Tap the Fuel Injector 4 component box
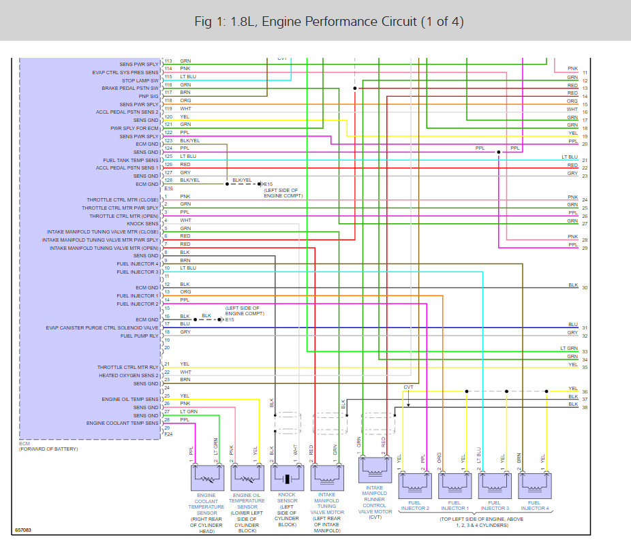click(x=534, y=481)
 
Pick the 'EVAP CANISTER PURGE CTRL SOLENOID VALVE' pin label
click(x=102, y=327)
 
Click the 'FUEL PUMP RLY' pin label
click(x=140, y=336)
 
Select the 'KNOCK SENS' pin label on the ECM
click(x=142, y=223)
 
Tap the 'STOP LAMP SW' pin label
click(x=140, y=80)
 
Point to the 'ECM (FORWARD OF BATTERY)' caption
click(x=48, y=446)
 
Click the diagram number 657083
click(x=25, y=530)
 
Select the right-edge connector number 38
click(x=585, y=408)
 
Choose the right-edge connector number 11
click(x=585, y=73)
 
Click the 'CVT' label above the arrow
click(x=408, y=387)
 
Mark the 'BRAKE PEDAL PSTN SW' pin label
click(x=129, y=89)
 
